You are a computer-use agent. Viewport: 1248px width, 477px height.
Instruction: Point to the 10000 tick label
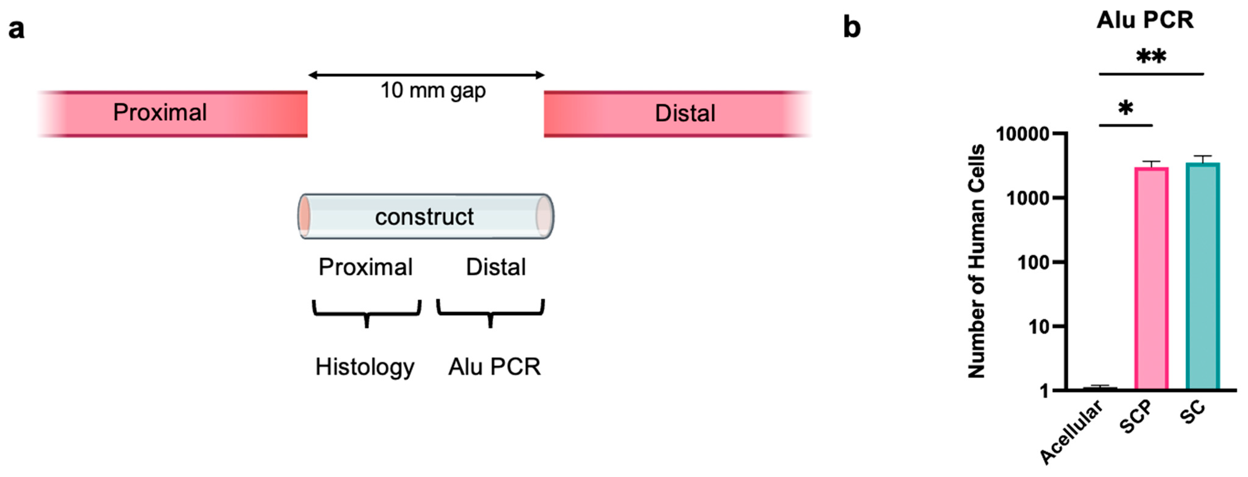(1022, 134)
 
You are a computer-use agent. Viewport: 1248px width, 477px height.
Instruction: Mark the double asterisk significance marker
(1151, 57)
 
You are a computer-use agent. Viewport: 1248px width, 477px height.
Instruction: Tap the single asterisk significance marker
(1126, 108)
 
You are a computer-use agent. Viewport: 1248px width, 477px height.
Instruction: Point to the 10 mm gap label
(433, 91)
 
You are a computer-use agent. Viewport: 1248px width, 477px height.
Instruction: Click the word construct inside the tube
(424, 217)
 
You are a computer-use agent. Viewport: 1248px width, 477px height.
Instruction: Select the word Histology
(365, 367)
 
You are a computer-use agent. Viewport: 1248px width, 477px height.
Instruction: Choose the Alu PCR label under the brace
(494, 367)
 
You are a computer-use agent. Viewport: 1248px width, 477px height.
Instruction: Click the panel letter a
(16, 29)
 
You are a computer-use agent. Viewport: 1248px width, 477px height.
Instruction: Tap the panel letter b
(852, 28)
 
